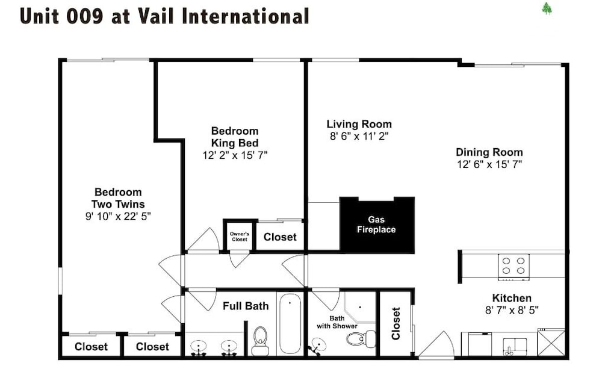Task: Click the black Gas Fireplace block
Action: click(x=377, y=225)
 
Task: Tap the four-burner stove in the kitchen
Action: click(x=514, y=267)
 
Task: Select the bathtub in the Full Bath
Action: click(x=290, y=324)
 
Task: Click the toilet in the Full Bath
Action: click(x=260, y=341)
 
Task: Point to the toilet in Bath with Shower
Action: click(x=361, y=338)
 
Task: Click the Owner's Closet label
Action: click(x=240, y=237)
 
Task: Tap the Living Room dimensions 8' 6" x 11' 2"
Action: click(x=359, y=136)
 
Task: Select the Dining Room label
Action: click(x=489, y=152)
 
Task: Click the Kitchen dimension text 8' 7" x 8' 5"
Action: click(x=512, y=310)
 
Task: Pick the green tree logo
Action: click(x=547, y=8)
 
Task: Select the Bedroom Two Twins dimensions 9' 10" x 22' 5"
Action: click(x=118, y=217)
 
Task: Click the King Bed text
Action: click(x=235, y=143)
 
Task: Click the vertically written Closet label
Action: click(x=396, y=323)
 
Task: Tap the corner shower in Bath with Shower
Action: click(x=360, y=308)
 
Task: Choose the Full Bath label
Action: click(x=246, y=306)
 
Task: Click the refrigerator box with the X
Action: click(x=551, y=342)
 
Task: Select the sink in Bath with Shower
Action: click(x=318, y=344)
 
